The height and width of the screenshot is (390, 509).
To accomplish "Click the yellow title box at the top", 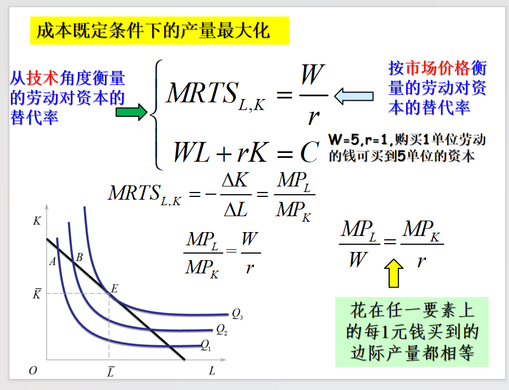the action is (159, 31).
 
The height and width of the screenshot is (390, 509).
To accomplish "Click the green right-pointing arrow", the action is (132, 112).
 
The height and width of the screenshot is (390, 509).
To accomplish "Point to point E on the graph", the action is (109, 293).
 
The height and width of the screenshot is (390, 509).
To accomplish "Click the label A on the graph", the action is (53, 261).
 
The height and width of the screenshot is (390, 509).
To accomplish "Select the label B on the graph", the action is (79, 257).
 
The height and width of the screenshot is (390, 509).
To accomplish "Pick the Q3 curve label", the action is (237, 315).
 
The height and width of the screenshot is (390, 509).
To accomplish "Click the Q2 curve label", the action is (221, 330).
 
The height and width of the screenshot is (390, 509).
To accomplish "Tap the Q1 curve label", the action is (206, 346).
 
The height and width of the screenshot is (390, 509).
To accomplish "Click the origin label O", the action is (33, 371).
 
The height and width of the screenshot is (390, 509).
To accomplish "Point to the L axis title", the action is (212, 371).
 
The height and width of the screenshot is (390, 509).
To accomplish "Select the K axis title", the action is (37, 222).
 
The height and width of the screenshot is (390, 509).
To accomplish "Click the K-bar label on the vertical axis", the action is (37, 293).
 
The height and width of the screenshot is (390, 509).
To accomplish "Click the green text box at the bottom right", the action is (412, 332).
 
